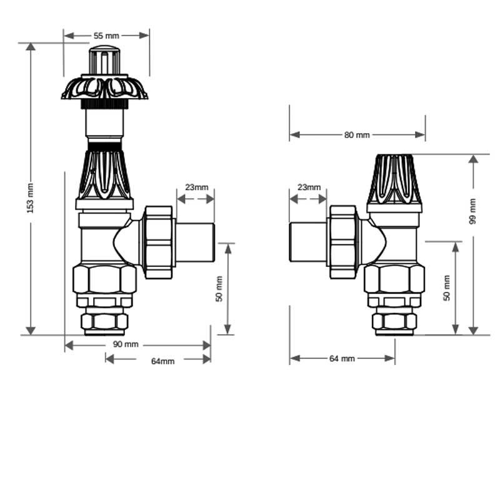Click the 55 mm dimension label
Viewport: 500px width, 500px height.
pos(107,36)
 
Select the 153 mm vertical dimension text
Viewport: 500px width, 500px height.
pos(31,197)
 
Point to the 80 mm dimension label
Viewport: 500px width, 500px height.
pos(357,135)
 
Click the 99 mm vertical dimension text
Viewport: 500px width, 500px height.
pos(472,211)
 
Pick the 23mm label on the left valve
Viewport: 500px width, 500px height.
pos(196,187)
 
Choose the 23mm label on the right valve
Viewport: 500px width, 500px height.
pos(309,187)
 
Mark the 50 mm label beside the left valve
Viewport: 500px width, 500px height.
pos(219,289)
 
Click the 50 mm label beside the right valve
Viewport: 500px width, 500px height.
pos(447,288)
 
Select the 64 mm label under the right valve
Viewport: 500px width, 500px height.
pos(342,359)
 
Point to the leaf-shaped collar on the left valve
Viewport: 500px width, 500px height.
pos(104,88)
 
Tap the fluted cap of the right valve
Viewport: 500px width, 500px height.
pos(394,178)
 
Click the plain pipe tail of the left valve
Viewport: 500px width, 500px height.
pos(196,243)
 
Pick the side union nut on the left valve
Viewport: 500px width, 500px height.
pos(159,242)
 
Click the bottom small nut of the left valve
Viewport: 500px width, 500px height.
pos(105,322)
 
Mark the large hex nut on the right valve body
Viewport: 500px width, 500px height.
pos(394,279)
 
